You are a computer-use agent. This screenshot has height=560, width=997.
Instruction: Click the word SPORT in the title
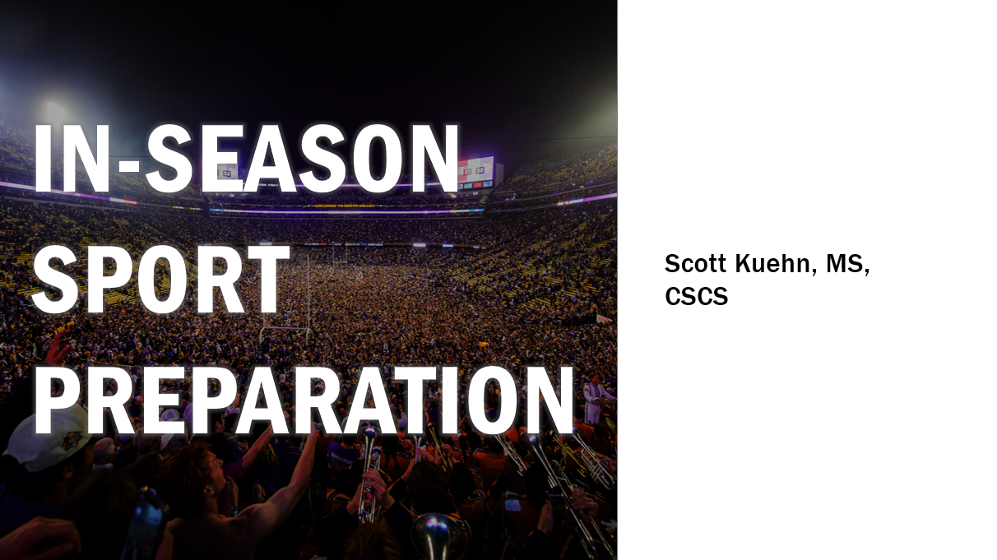160,280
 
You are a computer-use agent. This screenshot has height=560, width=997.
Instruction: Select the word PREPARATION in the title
305,400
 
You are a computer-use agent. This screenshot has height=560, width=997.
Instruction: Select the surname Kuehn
776,263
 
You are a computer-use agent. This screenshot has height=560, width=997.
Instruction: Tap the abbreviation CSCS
697,296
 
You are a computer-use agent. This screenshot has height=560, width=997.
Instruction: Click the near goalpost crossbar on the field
285,329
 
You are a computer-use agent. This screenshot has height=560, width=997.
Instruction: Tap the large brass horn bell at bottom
438,537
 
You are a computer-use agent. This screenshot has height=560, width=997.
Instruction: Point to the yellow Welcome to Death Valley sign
345,206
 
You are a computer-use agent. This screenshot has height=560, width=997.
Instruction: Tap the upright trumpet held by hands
369,471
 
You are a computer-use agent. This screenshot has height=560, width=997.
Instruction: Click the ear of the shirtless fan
206,493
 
